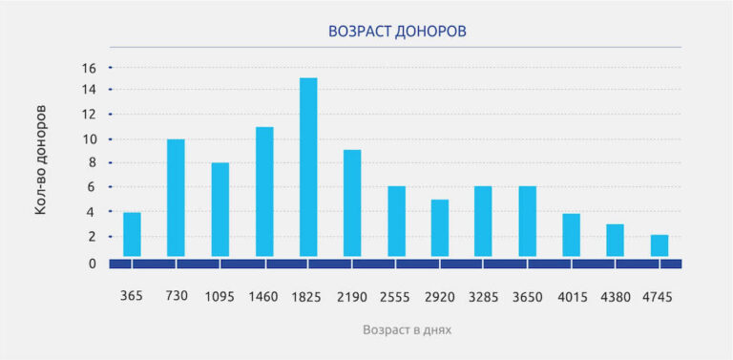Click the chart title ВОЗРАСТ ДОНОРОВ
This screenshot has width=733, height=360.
[x=396, y=32]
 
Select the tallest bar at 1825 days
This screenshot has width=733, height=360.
[x=308, y=167]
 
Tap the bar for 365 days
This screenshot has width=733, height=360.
[x=132, y=234]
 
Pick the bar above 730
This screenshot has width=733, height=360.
[x=176, y=198]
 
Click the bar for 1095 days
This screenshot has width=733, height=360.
[x=220, y=209]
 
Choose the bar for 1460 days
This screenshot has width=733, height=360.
[x=264, y=192]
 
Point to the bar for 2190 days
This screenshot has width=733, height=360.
[x=352, y=203]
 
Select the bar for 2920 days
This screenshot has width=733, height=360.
[x=440, y=227]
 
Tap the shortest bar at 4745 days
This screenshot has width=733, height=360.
[x=660, y=245]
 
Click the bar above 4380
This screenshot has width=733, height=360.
[x=616, y=240]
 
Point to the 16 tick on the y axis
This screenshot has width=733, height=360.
[x=89, y=69]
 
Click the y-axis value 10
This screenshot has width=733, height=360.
[x=89, y=139]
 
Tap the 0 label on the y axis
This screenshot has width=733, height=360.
[x=92, y=263]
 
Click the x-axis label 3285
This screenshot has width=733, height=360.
[x=483, y=296]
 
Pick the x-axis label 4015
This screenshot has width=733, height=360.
[x=571, y=296]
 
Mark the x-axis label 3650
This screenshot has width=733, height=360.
[x=527, y=296]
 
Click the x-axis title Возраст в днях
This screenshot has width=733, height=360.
[x=407, y=330]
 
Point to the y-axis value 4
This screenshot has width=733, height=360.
[x=92, y=212]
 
